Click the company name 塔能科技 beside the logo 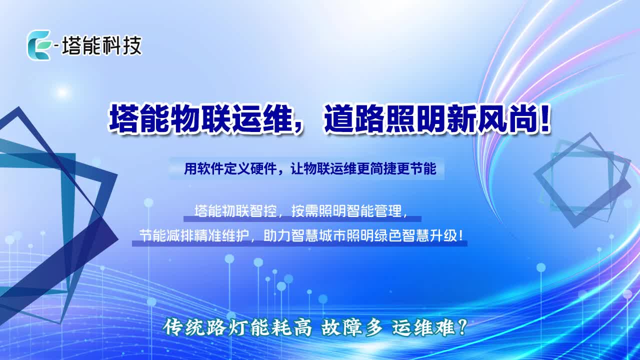(101, 45)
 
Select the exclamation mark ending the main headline (544, 120)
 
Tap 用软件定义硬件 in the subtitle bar (230, 168)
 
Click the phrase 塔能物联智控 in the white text (235, 211)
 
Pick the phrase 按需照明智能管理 (346, 211)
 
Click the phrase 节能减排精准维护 (193, 236)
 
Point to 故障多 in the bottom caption (352, 327)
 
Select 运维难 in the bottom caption (423, 327)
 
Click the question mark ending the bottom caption (461, 327)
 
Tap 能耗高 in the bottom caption (280, 327)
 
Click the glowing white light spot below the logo (62, 92)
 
